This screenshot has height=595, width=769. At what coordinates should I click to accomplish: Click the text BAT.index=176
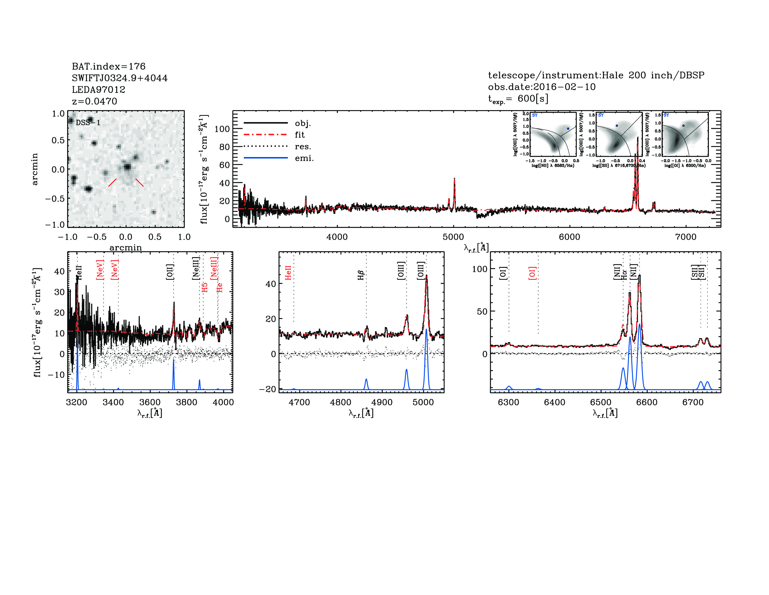pyautogui.click(x=108, y=66)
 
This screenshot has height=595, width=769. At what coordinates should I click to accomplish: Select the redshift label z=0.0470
pyautogui.click(x=94, y=101)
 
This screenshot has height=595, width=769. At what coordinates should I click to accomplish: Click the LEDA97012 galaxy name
pyautogui.click(x=99, y=90)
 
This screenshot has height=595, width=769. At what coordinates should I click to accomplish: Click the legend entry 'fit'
pyautogui.click(x=300, y=135)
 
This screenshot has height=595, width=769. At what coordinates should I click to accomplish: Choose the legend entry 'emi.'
pyautogui.click(x=304, y=158)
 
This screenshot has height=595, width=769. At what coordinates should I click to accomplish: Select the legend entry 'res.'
pyautogui.click(x=303, y=146)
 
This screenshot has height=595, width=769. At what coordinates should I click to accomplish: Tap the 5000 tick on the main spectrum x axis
pyautogui.click(x=453, y=237)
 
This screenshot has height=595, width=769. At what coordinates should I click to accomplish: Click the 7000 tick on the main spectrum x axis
pyautogui.click(x=686, y=237)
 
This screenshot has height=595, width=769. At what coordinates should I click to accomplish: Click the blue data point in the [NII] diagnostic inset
pyautogui.click(x=568, y=129)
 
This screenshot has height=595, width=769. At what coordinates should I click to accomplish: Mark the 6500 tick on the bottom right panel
pyautogui.click(x=601, y=402)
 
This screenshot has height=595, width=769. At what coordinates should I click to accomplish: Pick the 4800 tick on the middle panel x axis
pyautogui.click(x=340, y=402)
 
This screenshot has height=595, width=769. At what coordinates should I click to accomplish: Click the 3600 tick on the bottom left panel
pyautogui.click(x=150, y=402)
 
